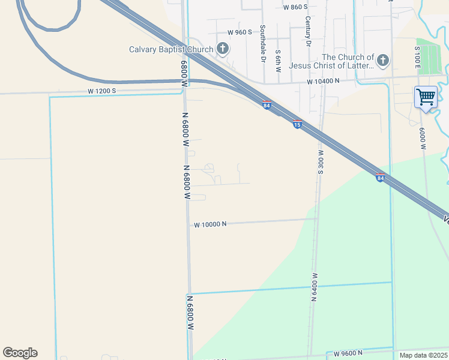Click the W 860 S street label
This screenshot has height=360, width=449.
pos(295,7)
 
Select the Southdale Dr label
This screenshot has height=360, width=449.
pos(263,44)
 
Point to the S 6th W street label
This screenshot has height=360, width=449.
pos(278,61)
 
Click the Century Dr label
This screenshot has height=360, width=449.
pos(308,32)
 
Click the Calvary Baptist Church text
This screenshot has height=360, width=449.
pos(171,49)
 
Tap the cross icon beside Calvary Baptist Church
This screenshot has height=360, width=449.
pos(223,49)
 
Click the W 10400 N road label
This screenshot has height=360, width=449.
pos(323,80)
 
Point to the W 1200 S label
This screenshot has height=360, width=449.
pos(101,91)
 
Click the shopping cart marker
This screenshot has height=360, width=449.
pos(426,96)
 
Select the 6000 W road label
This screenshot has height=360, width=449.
pos(423,139)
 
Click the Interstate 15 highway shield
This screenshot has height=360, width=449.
pos(297,124)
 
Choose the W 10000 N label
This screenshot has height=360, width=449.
pos(210,224)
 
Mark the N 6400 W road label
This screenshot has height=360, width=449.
pos(314,286)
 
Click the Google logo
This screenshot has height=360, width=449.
pos(20,353)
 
